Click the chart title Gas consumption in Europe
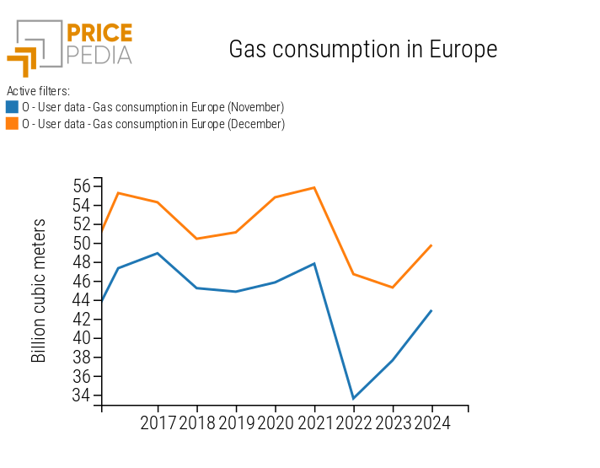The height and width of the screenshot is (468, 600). [x=362, y=50]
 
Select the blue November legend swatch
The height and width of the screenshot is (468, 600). [x=12, y=107]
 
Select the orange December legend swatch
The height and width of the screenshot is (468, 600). [x=12, y=124]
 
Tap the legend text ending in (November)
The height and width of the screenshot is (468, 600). [x=153, y=107]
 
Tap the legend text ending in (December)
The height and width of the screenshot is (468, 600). [x=153, y=124]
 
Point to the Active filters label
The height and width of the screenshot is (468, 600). [x=38, y=90]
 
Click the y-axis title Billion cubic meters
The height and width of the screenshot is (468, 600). [x=39, y=291]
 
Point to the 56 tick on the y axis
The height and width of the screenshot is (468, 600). [x=82, y=186]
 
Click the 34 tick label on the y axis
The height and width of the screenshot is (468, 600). [x=82, y=395]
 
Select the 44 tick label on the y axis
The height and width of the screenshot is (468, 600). [x=82, y=300]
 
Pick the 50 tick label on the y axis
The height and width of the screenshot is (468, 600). [x=82, y=243]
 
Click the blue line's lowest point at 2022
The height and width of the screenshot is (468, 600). [x=353, y=398]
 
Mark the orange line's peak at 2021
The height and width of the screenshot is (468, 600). [x=314, y=187]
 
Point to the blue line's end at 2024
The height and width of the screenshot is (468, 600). [x=431, y=310]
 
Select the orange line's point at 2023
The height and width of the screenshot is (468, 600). [x=393, y=288]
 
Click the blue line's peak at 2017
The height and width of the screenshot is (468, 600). [x=158, y=253]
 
